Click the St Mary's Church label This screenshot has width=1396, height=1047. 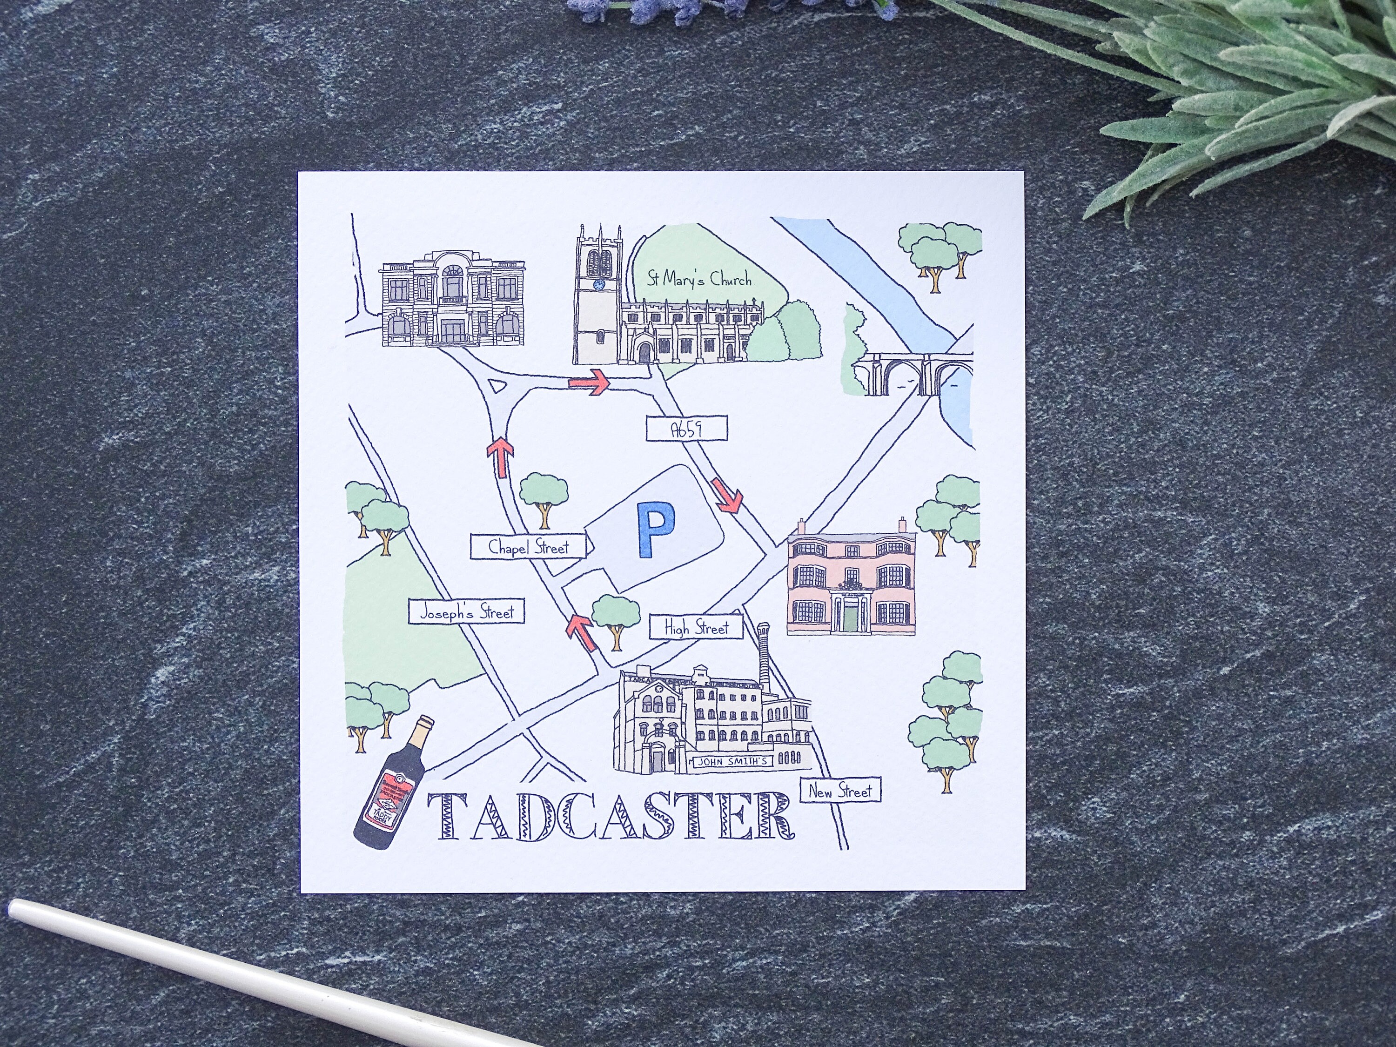[699, 278]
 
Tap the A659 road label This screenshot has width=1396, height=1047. [687, 429]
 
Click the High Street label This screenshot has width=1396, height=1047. [696, 627]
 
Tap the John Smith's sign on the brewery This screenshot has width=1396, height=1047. [732, 762]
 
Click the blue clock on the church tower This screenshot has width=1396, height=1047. [598, 285]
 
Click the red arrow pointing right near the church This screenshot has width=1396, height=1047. [590, 383]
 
